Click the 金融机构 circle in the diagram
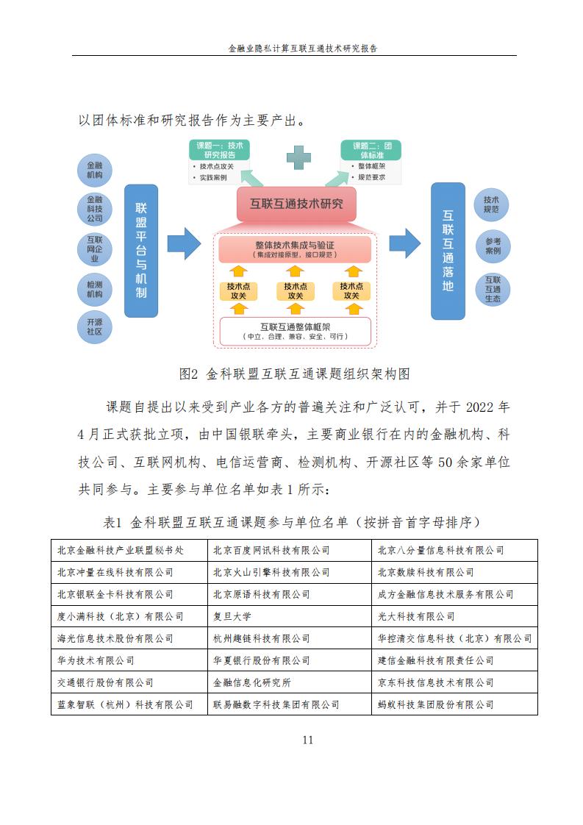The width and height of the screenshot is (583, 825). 95,170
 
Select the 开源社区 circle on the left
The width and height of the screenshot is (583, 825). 95,326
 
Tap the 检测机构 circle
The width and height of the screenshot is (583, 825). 95,290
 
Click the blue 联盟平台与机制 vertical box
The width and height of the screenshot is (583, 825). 141,251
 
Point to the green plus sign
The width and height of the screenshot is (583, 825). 299,157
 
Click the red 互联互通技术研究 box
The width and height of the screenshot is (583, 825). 296,204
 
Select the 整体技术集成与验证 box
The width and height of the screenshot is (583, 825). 296,249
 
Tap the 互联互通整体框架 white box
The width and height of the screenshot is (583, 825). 296,332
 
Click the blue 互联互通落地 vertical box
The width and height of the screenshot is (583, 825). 448,251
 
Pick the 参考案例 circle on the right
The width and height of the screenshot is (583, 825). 493,246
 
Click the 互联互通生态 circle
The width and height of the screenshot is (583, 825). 493,290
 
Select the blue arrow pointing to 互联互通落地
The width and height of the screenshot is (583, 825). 404,243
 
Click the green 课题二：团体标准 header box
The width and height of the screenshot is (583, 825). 371,150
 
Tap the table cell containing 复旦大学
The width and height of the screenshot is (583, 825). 290,616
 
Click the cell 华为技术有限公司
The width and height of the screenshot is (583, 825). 129,660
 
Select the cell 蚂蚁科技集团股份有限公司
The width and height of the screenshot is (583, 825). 454,704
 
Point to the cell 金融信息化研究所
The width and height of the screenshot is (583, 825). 290,682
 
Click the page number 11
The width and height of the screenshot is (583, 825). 308,740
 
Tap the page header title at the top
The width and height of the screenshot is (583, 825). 303,49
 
